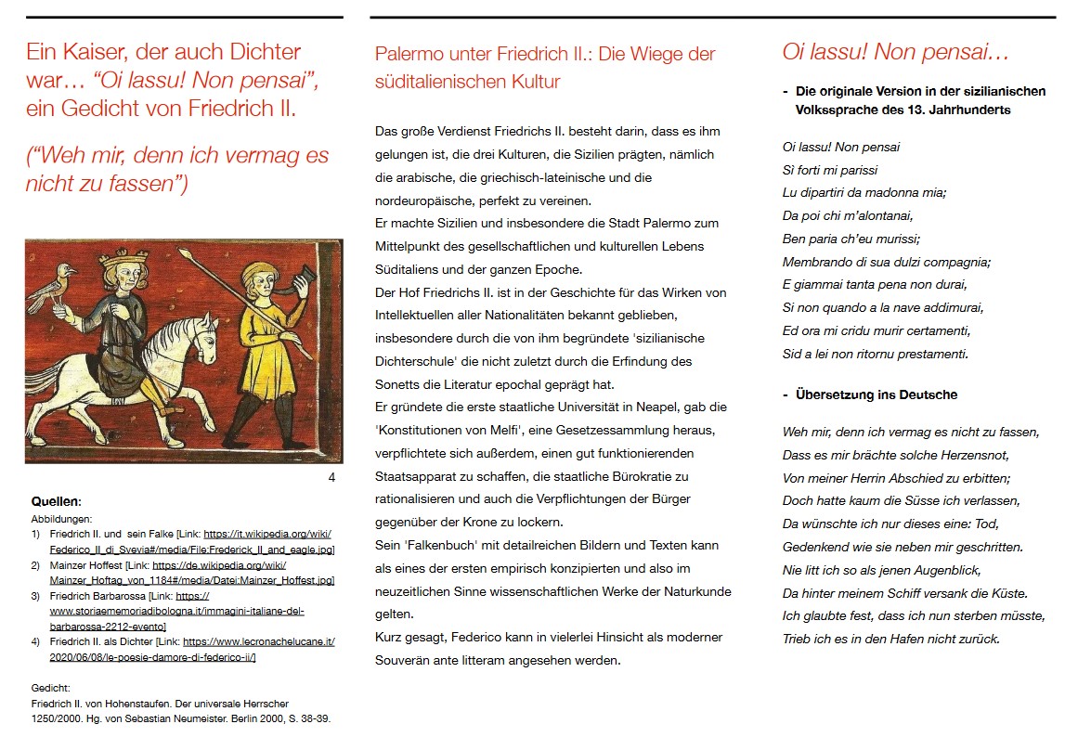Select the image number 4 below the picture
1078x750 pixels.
tap(331, 478)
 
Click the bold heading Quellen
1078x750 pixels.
tap(56, 501)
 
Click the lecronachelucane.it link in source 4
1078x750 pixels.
tap(258, 641)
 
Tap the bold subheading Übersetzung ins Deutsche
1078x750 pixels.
tap(876, 394)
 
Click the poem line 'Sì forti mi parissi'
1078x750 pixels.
tap(829, 170)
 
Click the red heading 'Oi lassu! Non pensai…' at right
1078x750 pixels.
tap(895, 52)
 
